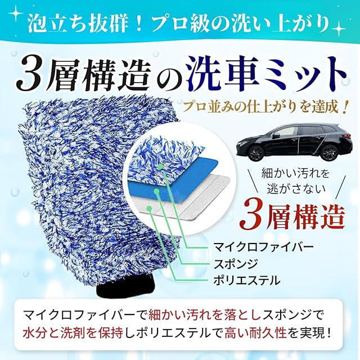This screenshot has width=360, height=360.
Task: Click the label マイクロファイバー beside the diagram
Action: tap(264, 247)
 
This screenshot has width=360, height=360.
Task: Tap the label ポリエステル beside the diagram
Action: tap(247, 280)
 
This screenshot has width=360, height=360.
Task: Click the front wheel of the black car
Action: tap(256, 152)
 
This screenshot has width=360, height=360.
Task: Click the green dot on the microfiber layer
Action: tap(161, 166)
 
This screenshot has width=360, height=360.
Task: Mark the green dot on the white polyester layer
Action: tap(149, 208)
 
